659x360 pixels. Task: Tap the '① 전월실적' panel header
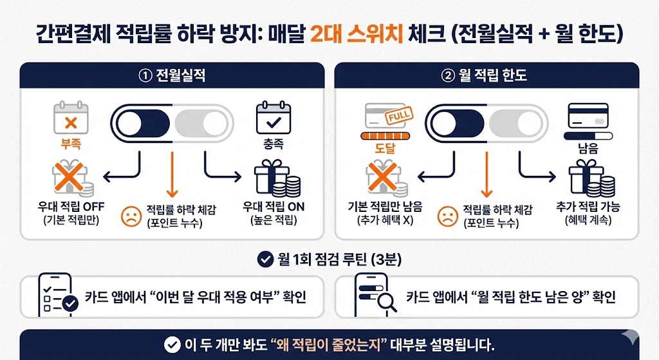172,75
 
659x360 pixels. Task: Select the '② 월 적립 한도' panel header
487,75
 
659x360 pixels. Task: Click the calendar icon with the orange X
71,118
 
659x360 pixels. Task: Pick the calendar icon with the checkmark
274,118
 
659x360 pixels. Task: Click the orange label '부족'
71,144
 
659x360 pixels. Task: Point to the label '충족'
274,144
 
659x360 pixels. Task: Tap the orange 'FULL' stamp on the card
399,116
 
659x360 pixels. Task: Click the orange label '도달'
385,149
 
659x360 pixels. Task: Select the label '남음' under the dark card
588,149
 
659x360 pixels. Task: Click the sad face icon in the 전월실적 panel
131,216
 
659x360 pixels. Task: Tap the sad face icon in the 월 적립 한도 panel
448,216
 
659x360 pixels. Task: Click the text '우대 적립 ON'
274,207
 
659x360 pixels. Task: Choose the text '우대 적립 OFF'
71,207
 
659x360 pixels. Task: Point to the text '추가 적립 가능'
588,207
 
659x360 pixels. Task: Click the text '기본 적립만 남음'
385,207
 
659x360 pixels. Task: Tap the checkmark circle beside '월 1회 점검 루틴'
265,260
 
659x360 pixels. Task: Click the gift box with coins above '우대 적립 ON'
277,178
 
